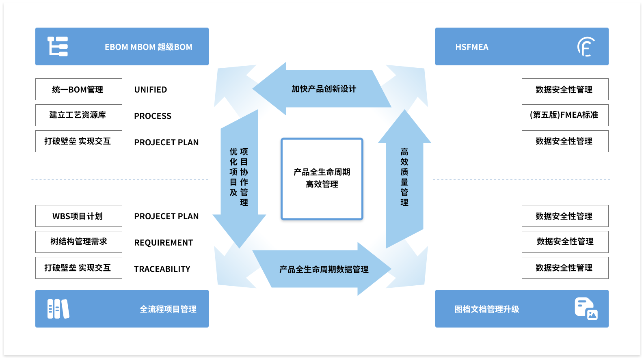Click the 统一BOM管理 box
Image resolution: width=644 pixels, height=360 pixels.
[x=78, y=89]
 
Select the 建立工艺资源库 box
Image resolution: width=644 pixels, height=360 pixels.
[x=78, y=115]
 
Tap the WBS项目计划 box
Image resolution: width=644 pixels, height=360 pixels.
[x=78, y=216]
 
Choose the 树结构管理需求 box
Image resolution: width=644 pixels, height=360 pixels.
[x=78, y=242]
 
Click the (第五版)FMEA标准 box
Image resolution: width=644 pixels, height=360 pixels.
[x=564, y=115]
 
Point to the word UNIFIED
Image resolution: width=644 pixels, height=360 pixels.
[x=151, y=90]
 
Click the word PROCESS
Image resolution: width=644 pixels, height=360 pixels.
[x=153, y=116]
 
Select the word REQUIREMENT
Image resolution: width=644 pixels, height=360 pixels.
[x=164, y=243]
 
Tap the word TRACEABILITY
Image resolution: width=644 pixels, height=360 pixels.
[x=162, y=269]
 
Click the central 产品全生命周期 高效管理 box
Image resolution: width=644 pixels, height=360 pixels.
[x=322, y=179]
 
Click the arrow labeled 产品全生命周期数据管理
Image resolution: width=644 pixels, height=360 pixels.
[x=323, y=269]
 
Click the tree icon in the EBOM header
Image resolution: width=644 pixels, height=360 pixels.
[x=58, y=47]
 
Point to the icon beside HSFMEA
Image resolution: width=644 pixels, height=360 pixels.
[x=586, y=47]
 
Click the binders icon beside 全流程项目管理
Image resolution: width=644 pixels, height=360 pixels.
[x=58, y=309]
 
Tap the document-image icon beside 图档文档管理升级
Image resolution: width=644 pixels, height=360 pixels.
[x=586, y=309]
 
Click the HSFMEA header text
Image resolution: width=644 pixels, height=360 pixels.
[x=472, y=47]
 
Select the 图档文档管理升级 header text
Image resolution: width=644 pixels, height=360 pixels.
[x=486, y=309]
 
